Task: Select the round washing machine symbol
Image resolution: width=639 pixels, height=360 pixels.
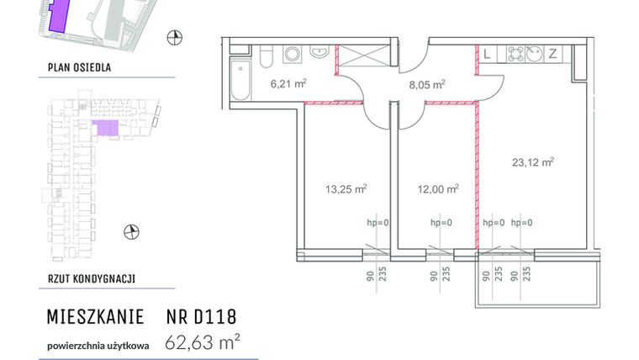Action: [x=293, y=55]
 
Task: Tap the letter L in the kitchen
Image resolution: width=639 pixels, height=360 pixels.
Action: [x=487, y=54]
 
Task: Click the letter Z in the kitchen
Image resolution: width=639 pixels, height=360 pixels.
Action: [x=552, y=54]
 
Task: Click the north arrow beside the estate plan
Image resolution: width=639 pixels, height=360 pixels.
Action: [x=175, y=36]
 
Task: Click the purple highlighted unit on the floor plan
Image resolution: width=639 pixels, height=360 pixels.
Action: [x=105, y=128]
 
